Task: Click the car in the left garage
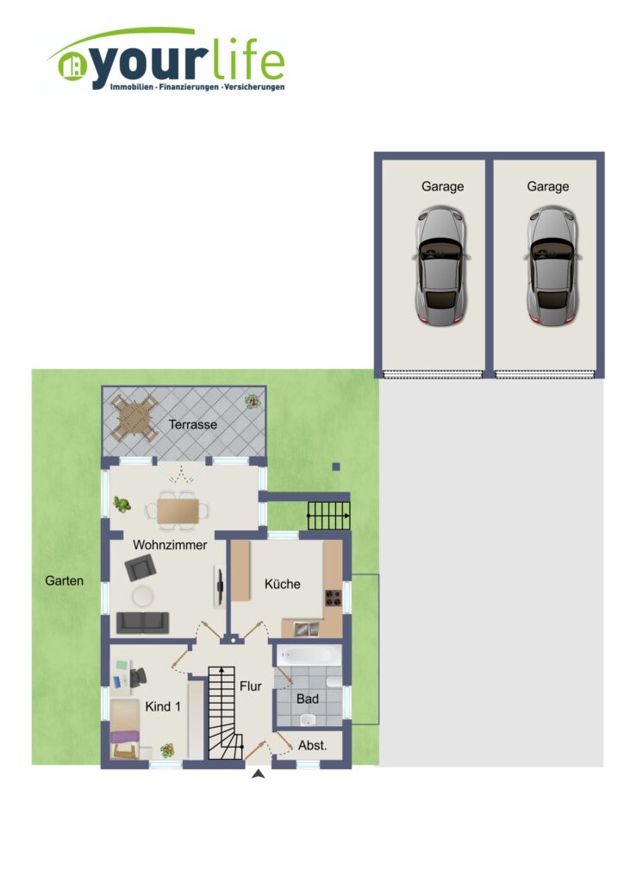[441, 266]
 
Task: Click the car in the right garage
[552, 266]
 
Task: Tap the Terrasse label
[193, 424]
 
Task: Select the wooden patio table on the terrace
[134, 417]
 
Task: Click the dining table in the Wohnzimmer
[178, 511]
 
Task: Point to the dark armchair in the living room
[140, 567]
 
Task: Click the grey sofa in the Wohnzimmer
[142, 623]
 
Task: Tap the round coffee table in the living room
[143, 596]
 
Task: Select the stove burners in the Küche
[333, 598]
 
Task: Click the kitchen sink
[306, 628]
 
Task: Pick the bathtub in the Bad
[308, 656]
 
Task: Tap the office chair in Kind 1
[138, 676]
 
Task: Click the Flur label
[251, 686]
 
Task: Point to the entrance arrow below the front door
[259, 774]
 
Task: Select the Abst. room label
[312, 746]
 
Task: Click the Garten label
[64, 580]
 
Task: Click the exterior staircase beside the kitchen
[328, 516]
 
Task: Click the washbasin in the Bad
[308, 719]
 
